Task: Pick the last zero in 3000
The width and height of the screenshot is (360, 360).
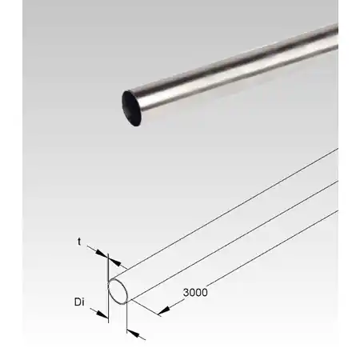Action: click(x=204, y=292)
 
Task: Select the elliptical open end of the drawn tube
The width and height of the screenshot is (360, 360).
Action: click(x=118, y=290)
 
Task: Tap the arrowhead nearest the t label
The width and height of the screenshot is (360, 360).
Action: click(x=102, y=255)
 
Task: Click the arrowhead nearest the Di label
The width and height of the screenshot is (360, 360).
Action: click(x=102, y=314)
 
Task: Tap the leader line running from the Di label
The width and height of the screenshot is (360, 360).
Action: click(x=94, y=309)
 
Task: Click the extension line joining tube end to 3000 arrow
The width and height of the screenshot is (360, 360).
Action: click(x=146, y=303)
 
